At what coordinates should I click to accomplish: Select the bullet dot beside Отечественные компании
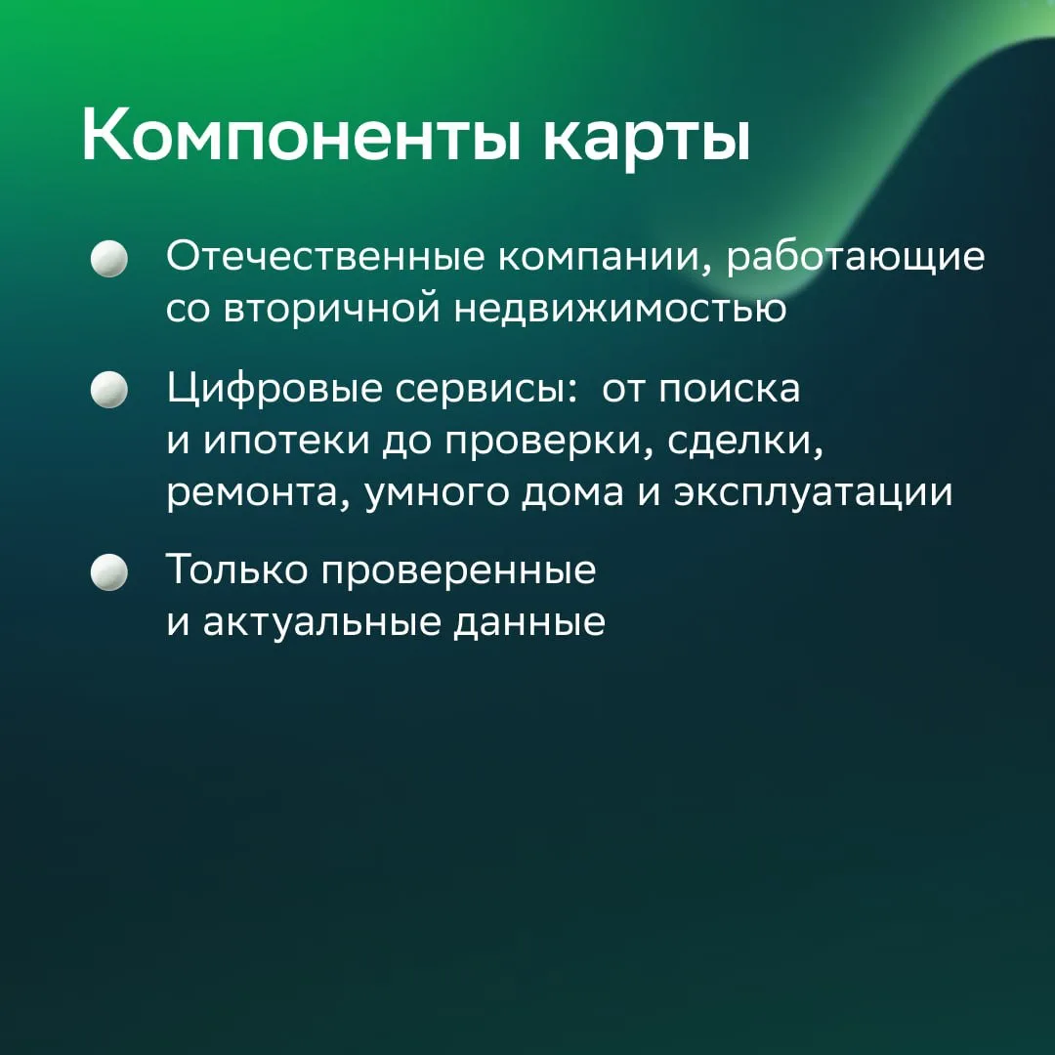[x=109, y=259]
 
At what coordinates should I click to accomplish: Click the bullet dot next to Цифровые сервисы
[x=109, y=390]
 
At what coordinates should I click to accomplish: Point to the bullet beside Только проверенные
[x=109, y=572]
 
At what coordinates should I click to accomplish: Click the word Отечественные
[x=325, y=256]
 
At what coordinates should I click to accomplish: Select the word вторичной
[x=331, y=309]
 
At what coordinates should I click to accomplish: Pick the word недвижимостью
[x=619, y=309]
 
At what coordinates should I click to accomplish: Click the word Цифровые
[x=274, y=390]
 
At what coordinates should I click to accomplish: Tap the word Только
[x=237, y=570]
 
